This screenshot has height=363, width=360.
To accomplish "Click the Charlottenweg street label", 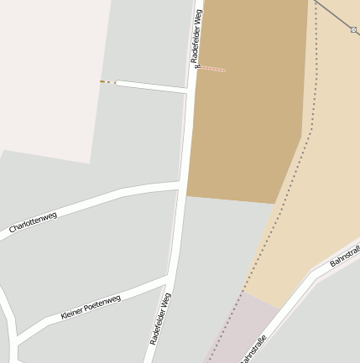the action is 34,222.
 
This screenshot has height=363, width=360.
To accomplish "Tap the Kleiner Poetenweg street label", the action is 91,307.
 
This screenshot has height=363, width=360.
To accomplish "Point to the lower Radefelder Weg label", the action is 160,319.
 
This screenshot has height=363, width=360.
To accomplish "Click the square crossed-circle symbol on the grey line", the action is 354,30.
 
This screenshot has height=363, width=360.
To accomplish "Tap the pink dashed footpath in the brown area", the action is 213,69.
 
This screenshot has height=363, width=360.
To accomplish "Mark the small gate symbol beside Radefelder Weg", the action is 197,67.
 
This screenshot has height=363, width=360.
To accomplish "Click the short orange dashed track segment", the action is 107,82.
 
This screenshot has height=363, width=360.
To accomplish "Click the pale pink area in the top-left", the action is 50,75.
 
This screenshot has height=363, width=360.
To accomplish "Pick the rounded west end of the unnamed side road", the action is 117,82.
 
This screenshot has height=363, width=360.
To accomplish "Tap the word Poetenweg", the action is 102,303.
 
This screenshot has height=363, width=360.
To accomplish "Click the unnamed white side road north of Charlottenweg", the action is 151,86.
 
